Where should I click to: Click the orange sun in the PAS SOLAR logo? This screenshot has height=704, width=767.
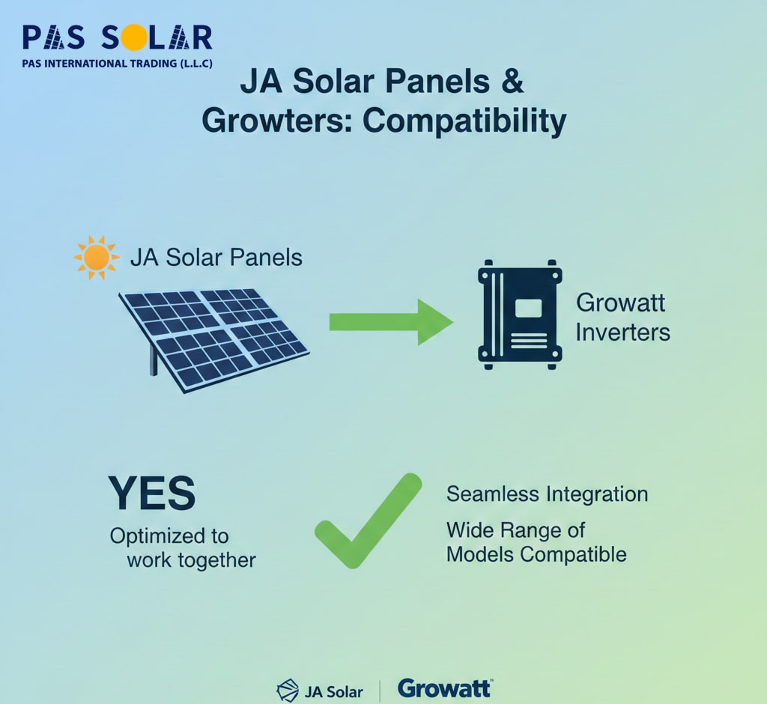click(x=134, y=38)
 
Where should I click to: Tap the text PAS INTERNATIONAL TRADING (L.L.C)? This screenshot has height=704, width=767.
click(x=118, y=64)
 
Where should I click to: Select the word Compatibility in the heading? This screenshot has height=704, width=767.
click(x=464, y=121)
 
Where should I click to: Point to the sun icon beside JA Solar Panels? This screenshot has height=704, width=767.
click(x=96, y=258)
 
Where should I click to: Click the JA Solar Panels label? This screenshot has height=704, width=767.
click(x=216, y=258)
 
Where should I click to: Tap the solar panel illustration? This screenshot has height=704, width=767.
click(x=214, y=341)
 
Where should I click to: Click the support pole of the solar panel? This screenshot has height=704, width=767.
click(x=154, y=360)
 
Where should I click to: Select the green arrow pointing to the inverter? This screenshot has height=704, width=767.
click(x=391, y=322)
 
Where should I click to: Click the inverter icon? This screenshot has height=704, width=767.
click(x=520, y=315)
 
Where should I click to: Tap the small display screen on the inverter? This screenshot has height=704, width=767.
click(x=528, y=309)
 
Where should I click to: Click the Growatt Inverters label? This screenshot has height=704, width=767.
click(x=622, y=318)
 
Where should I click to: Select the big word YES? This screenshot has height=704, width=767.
click(x=151, y=493)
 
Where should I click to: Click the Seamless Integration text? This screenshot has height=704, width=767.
click(x=548, y=494)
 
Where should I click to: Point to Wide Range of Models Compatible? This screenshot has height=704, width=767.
click(x=536, y=542)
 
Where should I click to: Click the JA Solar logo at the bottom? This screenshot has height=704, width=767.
click(x=320, y=691)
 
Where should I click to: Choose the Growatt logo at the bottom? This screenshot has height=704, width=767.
click(x=445, y=688)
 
